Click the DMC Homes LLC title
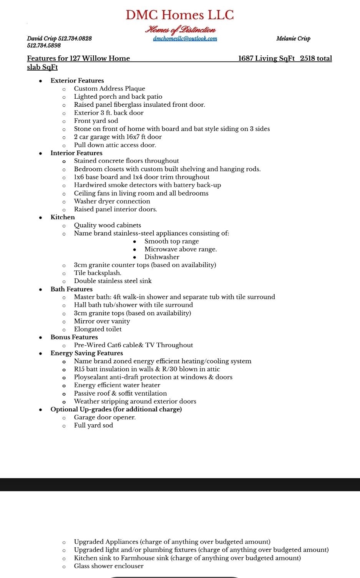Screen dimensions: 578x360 pos(180,15)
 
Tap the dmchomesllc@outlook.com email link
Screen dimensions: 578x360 pos(185,38)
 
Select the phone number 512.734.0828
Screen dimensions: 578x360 pos(75,38)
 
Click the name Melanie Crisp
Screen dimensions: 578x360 pos(293,38)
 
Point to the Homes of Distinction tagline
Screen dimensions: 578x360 pos(180,30)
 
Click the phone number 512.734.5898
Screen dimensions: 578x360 pos(44,45)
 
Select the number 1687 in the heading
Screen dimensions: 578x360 pos(246,58)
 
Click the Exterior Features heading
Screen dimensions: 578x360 pos(77,81)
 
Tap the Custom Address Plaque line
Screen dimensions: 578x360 pos(109,89)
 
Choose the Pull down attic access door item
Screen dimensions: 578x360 pos(115,145)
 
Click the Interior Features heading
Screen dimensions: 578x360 pos(76,153)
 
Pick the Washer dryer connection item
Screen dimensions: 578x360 pos(112,201)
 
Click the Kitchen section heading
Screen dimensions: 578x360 pos(63,217)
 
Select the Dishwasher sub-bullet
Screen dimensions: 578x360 pos(162,257)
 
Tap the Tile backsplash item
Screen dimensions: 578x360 pos(98,273)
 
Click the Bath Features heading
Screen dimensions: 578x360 pos(71,289)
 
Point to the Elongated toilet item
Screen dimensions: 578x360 pos(98,329)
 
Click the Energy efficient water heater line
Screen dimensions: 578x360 pos(117,385)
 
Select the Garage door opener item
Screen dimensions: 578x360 pos(105,417)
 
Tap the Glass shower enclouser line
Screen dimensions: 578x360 pos(109,566)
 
